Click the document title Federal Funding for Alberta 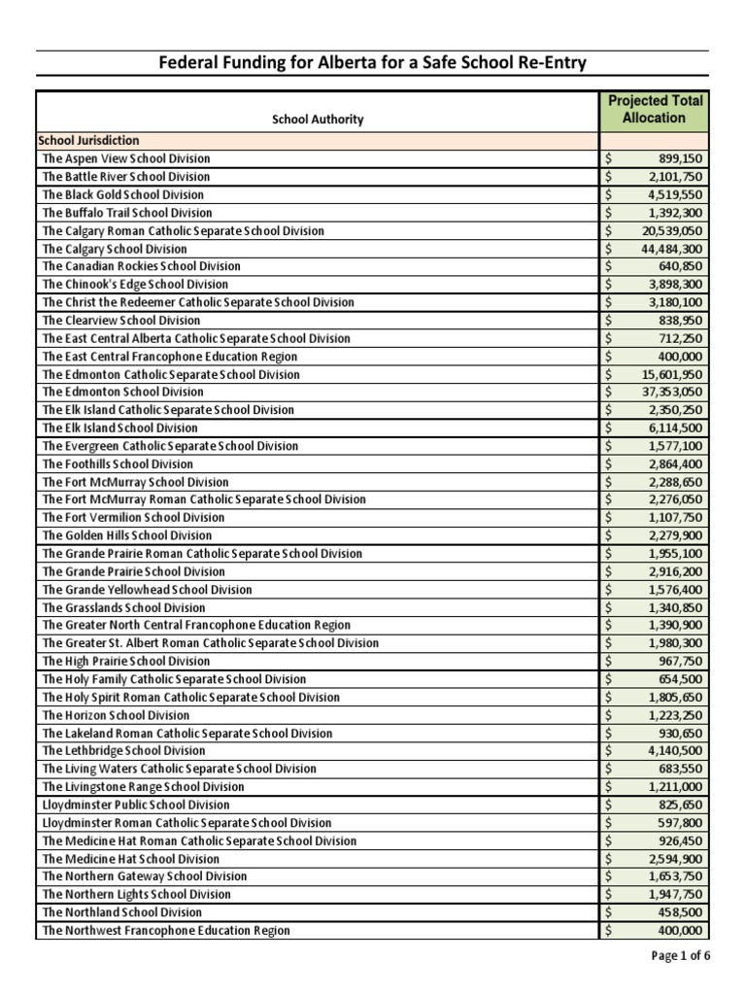point(373,64)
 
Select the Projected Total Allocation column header point(655,110)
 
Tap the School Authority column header point(318,120)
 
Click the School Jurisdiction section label point(90,141)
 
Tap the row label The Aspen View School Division point(126,159)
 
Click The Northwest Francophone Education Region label point(166,931)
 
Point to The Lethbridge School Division point(123,751)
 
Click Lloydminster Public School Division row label point(136,805)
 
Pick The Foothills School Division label point(118,464)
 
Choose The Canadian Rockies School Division point(141,266)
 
